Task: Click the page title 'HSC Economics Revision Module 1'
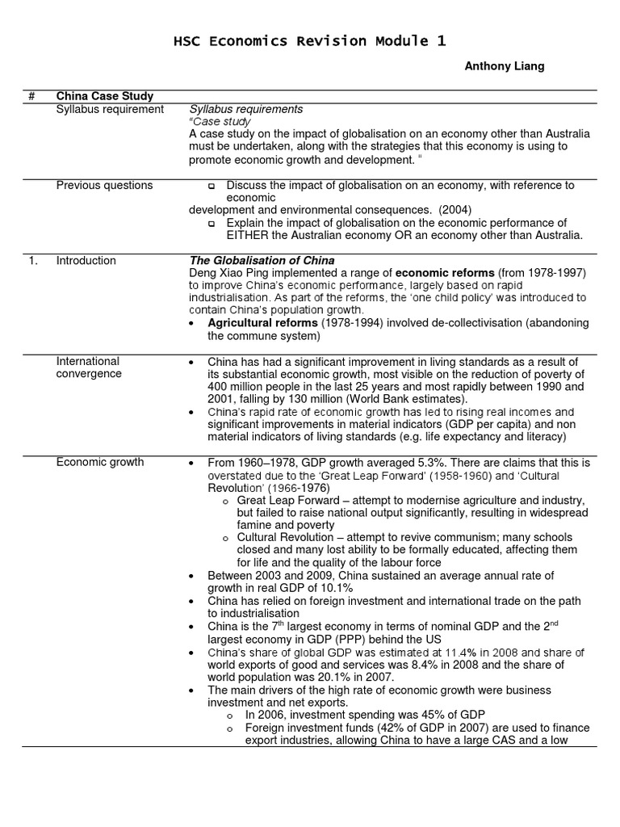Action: click(310, 40)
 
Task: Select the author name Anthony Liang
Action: click(504, 66)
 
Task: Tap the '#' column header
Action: click(31, 97)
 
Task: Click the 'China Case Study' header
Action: click(104, 97)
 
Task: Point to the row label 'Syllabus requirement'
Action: click(110, 109)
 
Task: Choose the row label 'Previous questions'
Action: click(104, 185)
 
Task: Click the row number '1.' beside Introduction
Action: click(33, 260)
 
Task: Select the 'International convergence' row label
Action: click(88, 367)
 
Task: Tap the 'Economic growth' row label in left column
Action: click(100, 462)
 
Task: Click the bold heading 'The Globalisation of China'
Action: click(262, 261)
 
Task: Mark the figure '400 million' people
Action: click(237, 387)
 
